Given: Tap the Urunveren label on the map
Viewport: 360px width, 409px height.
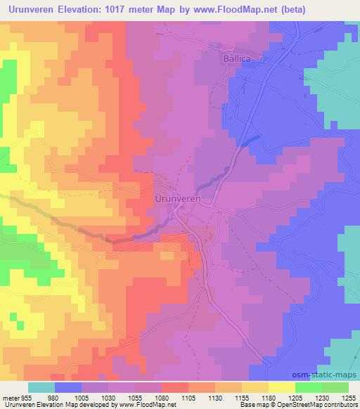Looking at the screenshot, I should (178, 200).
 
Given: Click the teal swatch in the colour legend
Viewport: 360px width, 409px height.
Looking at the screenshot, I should (41, 387).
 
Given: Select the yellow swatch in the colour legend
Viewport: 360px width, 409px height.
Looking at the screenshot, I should (282, 387).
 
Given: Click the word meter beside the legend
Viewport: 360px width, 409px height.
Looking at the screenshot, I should (10, 398).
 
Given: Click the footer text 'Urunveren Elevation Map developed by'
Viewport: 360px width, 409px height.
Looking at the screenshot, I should (49, 405).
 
